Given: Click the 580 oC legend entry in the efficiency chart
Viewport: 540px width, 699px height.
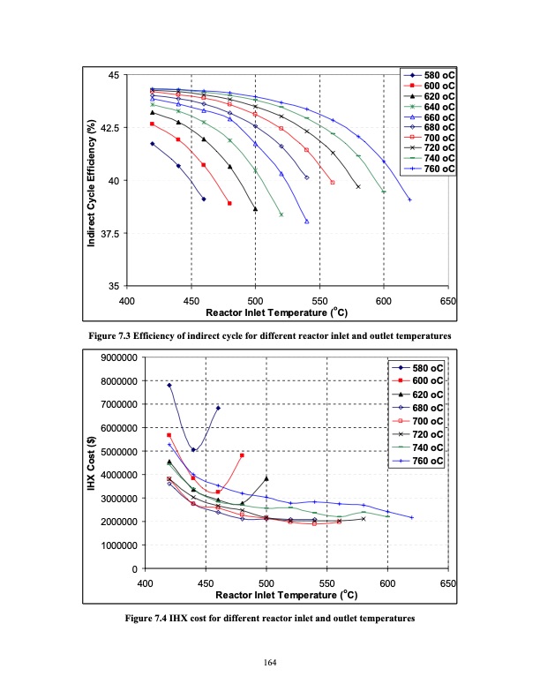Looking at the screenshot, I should pyautogui.click(x=428, y=75).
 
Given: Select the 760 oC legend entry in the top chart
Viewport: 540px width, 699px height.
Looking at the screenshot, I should pyautogui.click(x=428, y=169).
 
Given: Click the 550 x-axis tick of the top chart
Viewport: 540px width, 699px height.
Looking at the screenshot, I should pyautogui.click(x=319, y=302).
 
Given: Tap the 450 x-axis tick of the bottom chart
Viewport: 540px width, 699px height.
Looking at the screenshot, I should pyautogui.click(x=205, y=584).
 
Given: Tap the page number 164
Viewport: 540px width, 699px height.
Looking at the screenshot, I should pyautogui.click(x=270, y=663).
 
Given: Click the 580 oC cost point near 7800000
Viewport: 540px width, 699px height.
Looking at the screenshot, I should pyautogui.click(x=169, y=386).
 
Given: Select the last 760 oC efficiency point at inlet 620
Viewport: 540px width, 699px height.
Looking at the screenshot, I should pyautogui.click(x=409, y=199).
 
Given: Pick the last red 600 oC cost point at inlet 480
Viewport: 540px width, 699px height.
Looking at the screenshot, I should pyautogui.click(x=242, y=455).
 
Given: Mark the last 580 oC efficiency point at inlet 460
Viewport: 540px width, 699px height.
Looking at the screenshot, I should pyautogui.click(x=204, y=199).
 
